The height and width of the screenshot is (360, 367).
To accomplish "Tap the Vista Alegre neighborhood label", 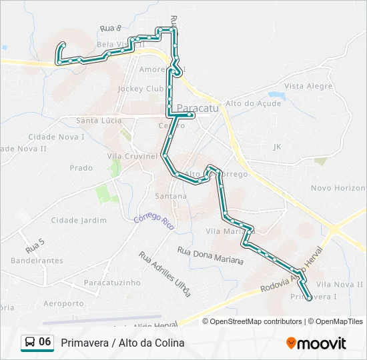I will [308, 86].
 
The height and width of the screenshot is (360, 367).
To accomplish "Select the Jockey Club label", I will [140, 89].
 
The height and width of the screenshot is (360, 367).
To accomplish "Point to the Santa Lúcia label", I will [99, 121].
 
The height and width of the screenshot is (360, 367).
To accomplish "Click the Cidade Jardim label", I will [79, 220].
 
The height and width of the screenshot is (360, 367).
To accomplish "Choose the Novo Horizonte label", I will [338, 188].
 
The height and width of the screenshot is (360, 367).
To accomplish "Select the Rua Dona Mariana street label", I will [210, 255].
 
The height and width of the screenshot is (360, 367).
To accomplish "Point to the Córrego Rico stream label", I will [154, 221].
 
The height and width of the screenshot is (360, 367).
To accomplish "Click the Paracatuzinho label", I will [112, 283].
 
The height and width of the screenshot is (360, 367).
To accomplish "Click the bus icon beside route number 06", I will [29, 342].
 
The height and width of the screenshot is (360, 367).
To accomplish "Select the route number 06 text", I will [45, 342].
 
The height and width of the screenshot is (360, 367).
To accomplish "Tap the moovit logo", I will [316, 343].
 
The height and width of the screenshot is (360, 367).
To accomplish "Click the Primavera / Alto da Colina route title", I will [122, 343].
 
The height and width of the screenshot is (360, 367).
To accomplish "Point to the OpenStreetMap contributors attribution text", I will [256, 321].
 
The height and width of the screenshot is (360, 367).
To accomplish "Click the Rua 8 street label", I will [110, 29].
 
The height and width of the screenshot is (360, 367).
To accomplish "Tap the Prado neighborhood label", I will [81, 168].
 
